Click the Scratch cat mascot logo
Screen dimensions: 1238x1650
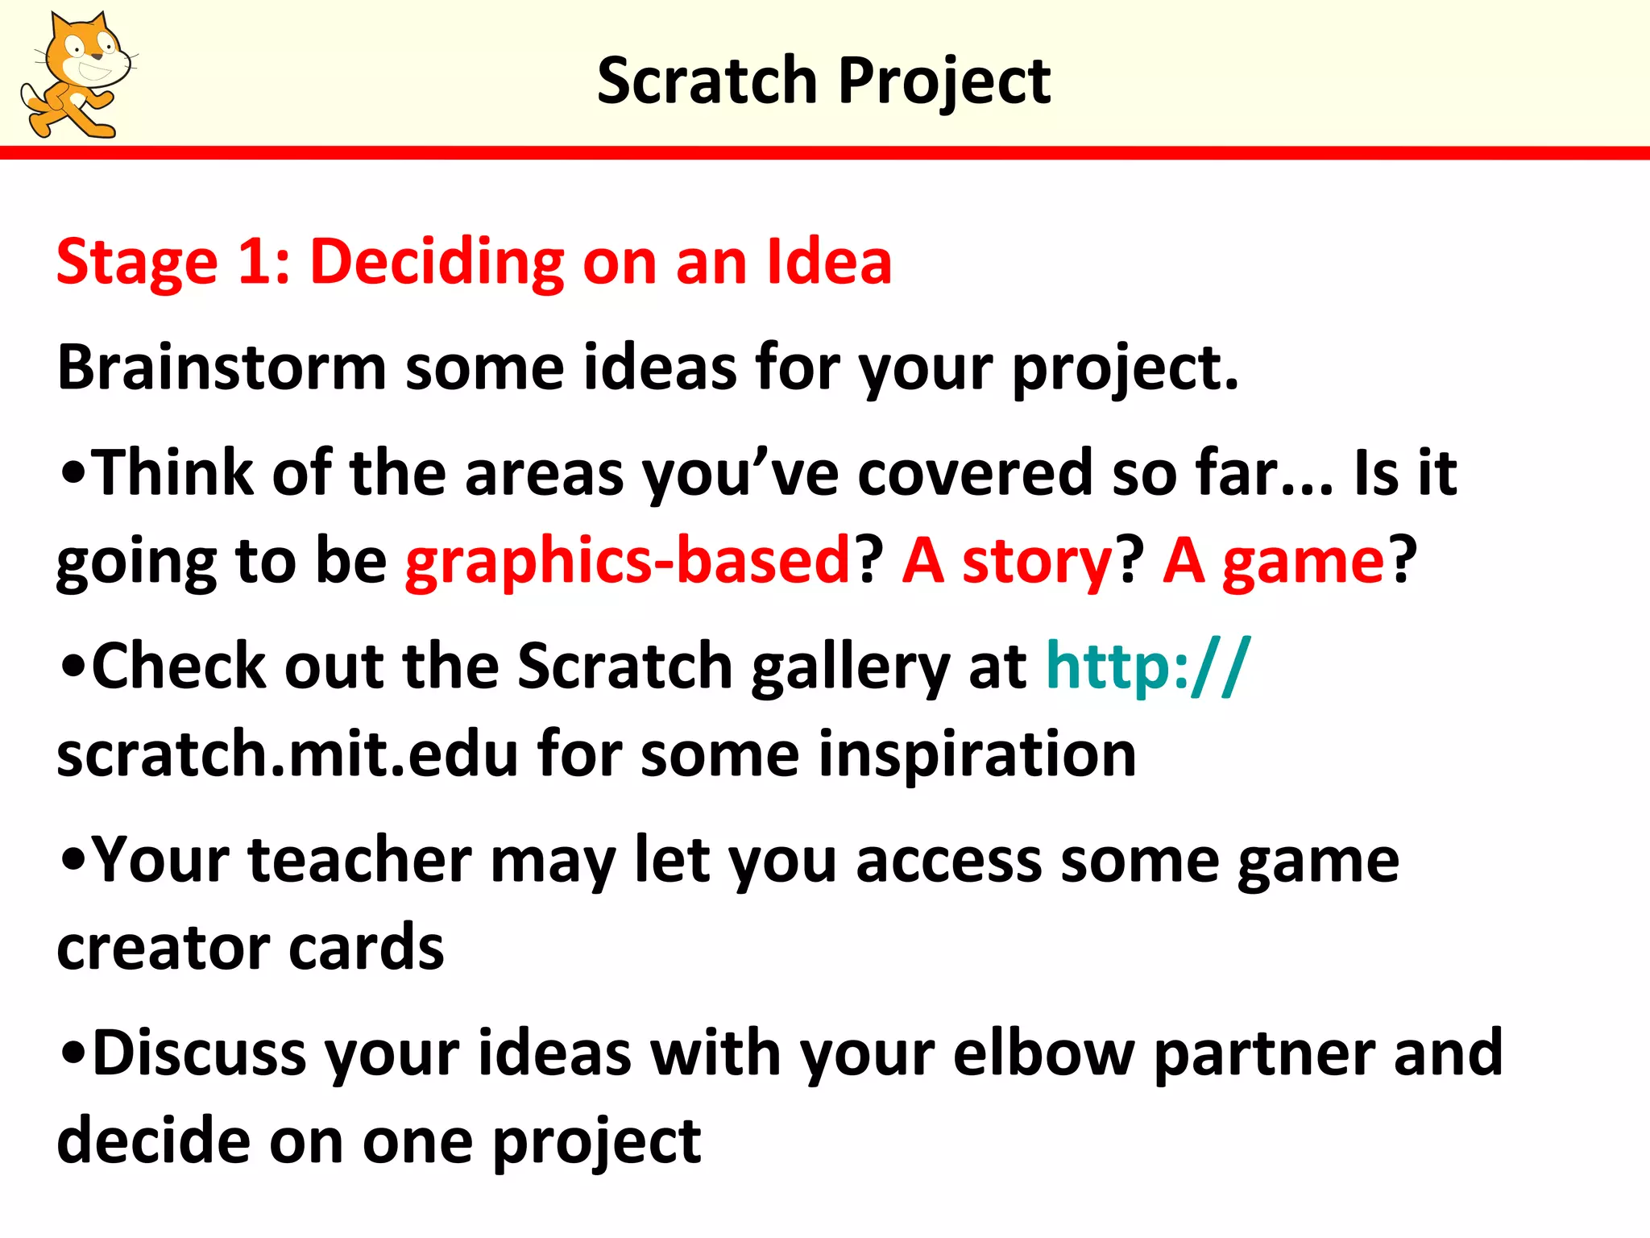77,75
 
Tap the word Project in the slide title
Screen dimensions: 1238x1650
944,82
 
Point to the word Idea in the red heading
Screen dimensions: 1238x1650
829,262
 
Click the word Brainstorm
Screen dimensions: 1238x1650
222,368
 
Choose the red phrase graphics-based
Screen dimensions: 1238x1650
628,561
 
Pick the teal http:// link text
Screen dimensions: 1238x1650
1147,667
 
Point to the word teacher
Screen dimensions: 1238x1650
359,860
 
